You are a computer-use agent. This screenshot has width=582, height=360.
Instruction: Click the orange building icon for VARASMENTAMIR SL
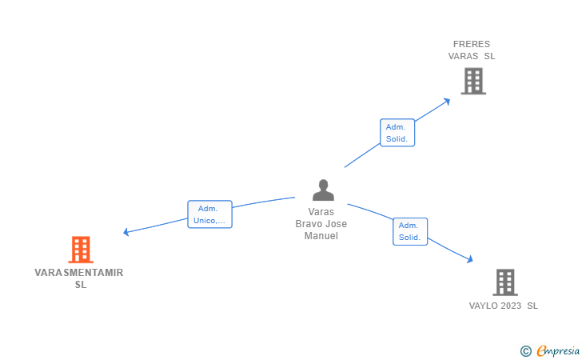pos(81,250)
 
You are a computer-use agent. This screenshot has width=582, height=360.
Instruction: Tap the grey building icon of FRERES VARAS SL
pos(473,81)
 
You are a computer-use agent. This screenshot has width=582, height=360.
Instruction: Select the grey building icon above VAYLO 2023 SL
pos(505,282)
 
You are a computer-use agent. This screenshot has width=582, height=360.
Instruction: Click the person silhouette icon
pos(323,190)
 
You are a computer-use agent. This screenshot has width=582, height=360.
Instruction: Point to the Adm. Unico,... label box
pos(209,214)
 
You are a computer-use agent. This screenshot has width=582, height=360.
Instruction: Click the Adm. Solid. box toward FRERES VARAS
pos(397,133)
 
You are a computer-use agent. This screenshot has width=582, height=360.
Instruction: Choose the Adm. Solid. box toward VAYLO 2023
pos(410,231)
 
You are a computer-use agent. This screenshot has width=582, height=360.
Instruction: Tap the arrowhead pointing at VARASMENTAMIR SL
pos(126,232)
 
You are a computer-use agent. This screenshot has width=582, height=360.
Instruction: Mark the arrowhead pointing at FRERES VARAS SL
pos(447,101)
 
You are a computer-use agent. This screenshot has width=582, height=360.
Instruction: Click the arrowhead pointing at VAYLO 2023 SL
pos(470,259)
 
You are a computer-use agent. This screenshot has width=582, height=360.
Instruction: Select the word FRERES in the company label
pos(472,44)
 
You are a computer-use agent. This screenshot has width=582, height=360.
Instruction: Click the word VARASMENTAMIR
pos(78,273)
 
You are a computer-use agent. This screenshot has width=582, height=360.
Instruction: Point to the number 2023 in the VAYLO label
pos(511,306)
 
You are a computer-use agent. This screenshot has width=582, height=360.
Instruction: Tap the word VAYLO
pos(483,306)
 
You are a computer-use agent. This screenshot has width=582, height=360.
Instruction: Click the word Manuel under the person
pos(321,236)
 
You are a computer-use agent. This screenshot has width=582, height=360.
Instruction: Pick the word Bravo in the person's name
pos(308,224)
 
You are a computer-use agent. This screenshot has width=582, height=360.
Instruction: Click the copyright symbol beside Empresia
pos(526,351)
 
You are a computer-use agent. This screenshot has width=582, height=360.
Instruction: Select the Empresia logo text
pos(558,351)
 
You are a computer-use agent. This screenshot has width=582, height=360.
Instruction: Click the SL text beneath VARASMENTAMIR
pos(81,285)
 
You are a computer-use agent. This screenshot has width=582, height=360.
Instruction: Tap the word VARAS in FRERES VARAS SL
pos(463,56)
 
